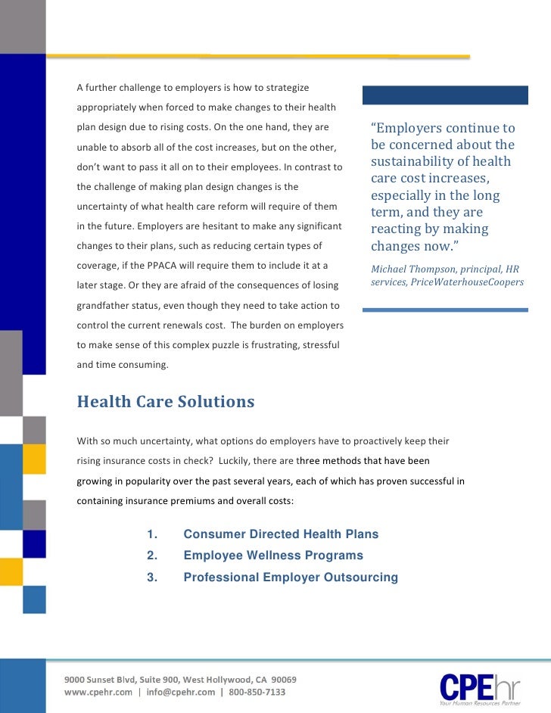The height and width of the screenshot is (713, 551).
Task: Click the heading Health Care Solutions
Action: click(165, 402)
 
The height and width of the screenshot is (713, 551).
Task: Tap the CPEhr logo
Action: click(481, 687)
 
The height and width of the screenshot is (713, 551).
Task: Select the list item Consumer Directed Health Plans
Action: click(281, 534)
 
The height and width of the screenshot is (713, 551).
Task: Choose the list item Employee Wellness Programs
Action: click(273, 556)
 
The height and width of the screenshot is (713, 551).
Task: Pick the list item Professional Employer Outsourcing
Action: click(291, 578)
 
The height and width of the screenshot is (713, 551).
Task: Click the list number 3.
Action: click(151, 578)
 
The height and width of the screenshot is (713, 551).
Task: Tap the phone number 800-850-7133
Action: click(257, 692)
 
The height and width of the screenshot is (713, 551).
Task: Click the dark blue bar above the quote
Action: click(445, 95)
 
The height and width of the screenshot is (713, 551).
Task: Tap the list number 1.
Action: click(151, 534)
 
